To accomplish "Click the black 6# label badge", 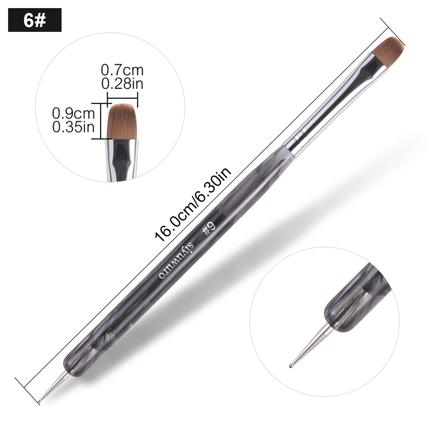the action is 35,20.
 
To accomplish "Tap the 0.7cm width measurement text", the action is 122,70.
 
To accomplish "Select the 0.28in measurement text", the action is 122,84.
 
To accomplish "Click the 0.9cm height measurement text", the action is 73,114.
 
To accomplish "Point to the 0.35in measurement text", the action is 73,127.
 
